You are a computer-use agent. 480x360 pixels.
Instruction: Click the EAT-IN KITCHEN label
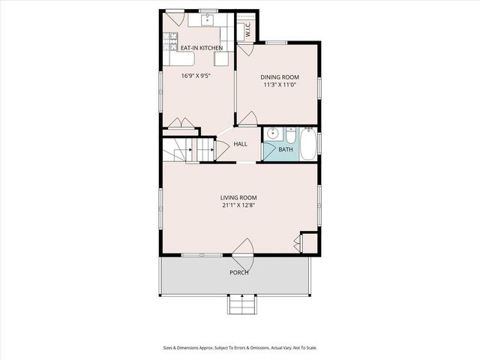pyautogui.click(x=200, y=49)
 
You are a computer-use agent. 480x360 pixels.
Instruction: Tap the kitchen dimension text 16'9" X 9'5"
pyautogui.click(x=196, y=75)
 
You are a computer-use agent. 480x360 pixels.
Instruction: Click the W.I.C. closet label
pyautogui.click(x=247, y=28)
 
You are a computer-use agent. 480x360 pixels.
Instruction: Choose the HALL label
pyautogui.click(x=241, y=144)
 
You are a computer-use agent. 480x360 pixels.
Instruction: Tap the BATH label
pyautogui.click(x=286, y=149)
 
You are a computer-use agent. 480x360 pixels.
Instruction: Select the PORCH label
pyautogui.click(x=239, y=272)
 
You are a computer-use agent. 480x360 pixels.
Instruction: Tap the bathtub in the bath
pyautogui.click(x=308, y=144)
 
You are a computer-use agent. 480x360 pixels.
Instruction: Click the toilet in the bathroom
pyautogui.click(x=289, y=134)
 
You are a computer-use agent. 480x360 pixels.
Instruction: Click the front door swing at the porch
pyautogui.click(x=244, y=250)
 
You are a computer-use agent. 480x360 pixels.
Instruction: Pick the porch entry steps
pyautogui.click(x=240, y=306)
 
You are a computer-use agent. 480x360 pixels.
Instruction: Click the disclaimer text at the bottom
pyautogui.click(x=240, y=347)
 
